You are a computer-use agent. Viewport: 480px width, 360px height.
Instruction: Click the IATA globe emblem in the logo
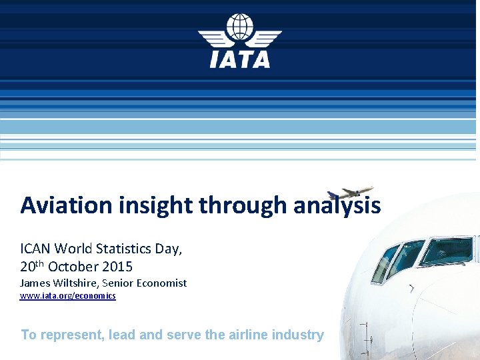[x=240, y=28]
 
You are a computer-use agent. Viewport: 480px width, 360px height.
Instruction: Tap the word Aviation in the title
[x=67, y=205]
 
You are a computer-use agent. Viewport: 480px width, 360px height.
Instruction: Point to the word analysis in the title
[x=337, y=205]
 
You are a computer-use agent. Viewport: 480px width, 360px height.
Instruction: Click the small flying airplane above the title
[x=351, y=193]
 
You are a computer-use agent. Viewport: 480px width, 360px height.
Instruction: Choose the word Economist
[x=161, y=283]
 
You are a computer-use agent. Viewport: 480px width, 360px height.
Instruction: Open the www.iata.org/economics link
[x=67, y=295]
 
